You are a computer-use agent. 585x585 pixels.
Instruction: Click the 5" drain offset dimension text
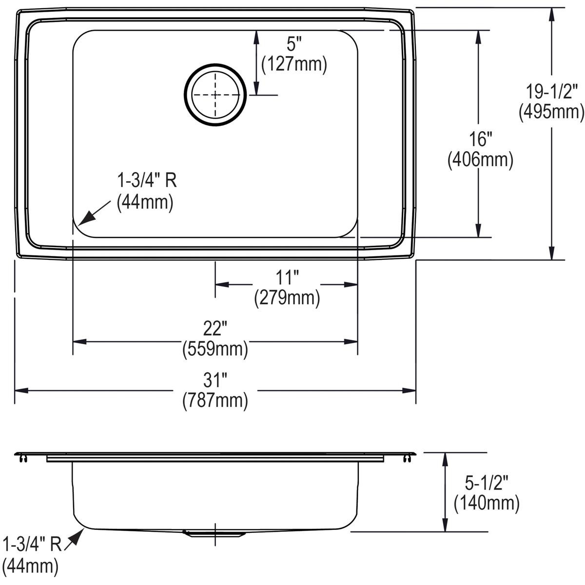point(291,45)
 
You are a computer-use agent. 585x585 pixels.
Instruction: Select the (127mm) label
point(294,65)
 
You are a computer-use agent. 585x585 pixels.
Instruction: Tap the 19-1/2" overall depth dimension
point(551,91)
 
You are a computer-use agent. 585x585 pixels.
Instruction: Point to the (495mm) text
point(551,112)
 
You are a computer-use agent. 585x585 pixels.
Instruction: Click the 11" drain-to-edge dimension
point(286,278)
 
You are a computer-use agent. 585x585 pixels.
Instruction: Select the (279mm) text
point(287,298)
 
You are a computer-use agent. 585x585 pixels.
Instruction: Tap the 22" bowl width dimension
point(215,330)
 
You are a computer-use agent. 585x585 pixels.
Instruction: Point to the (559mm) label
point(215,350)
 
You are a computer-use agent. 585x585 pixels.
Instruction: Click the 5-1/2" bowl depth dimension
point(487,483)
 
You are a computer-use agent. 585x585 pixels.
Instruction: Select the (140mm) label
point(487,503)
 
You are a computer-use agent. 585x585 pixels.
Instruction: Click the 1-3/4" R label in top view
point(146,181)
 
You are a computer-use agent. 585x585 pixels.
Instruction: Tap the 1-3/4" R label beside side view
point(32,544)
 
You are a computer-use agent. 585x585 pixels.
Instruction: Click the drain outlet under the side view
point(213,533)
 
